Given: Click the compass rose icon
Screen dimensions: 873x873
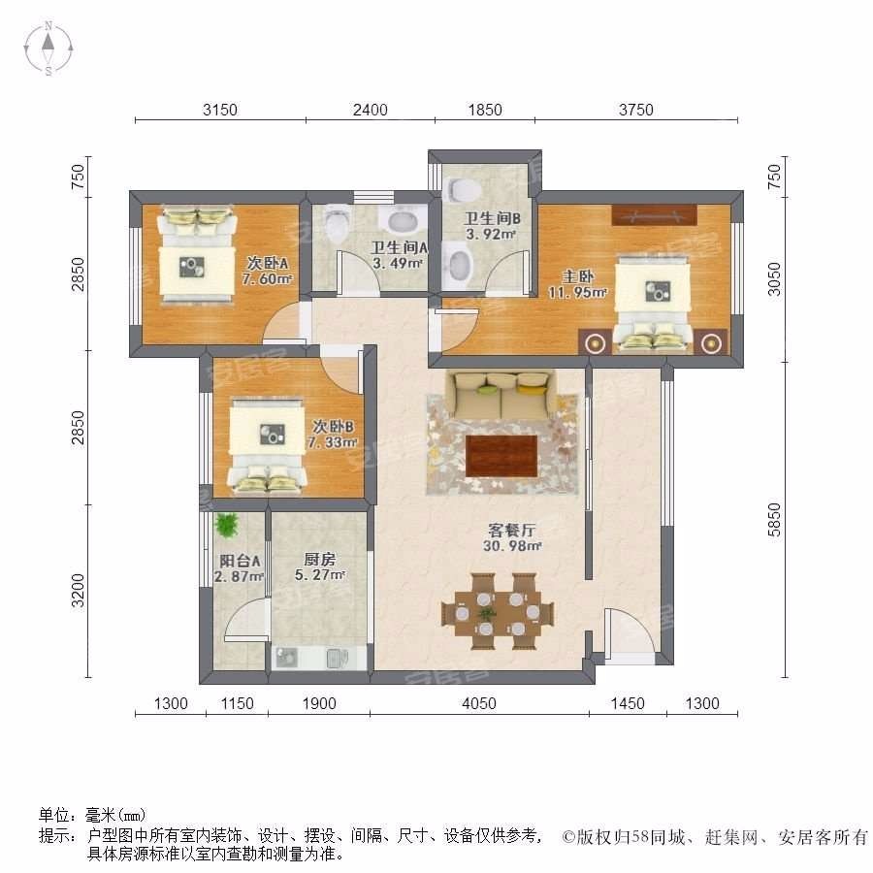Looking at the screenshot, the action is [x=48, y=48].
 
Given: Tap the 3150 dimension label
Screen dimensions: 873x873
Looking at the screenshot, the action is [x=220, y=110].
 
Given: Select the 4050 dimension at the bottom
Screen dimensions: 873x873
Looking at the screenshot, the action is [x=479, y=703].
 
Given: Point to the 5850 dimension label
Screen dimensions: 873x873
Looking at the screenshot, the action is [x=774, y=520].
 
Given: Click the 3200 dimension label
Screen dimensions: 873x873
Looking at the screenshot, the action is [x=79, y=590].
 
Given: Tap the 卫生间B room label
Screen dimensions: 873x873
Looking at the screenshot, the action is [x=492, y=219].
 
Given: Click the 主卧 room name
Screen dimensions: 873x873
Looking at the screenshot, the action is [x=578, y=276].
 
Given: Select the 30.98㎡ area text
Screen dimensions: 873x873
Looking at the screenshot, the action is [x=511, y=546].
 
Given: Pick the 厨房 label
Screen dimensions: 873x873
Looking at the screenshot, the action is [x=319, y=559].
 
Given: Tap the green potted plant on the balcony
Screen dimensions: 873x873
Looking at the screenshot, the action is [x=227, y=525].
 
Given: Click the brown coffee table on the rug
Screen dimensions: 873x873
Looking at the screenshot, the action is [x=501, y=456].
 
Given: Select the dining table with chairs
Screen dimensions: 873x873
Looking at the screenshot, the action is [x=498, y=612].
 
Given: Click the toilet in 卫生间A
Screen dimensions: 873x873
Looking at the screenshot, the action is [x=337, y=223].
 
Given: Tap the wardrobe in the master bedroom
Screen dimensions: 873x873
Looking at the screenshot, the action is [x=654, y=215].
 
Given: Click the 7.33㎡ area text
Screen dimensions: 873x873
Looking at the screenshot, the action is [x=333, y=442].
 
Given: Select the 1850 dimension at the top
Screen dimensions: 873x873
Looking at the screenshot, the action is [x=485, y=110].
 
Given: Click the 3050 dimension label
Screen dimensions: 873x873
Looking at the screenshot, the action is [x=774, y=279].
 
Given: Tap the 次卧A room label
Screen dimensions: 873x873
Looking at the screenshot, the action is [x=268, y=262].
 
